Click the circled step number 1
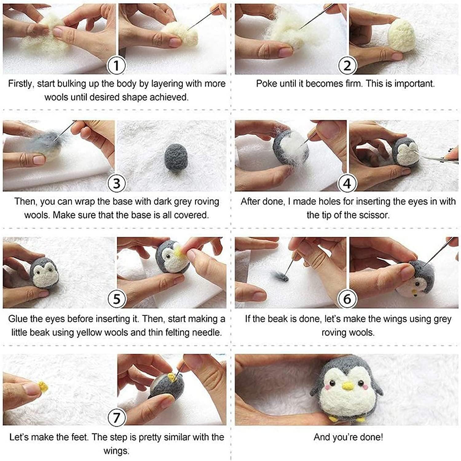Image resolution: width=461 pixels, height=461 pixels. (x=116, y=65)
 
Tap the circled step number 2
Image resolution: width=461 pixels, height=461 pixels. (x=347, y=65)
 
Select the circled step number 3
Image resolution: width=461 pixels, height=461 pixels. (x=116, y=183)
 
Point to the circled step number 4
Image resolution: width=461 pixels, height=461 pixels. (x=347, y=183)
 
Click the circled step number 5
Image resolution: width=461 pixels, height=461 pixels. (x=116, y=299)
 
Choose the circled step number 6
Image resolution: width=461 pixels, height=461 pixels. (x=347, y=299)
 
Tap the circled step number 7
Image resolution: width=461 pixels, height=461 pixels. (x=116, y=418)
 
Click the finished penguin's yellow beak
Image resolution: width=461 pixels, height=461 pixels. (x=348, y=385)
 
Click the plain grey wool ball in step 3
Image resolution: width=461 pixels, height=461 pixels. (x=174, y=157)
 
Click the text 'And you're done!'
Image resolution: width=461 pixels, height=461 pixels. (x=348, y=437)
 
